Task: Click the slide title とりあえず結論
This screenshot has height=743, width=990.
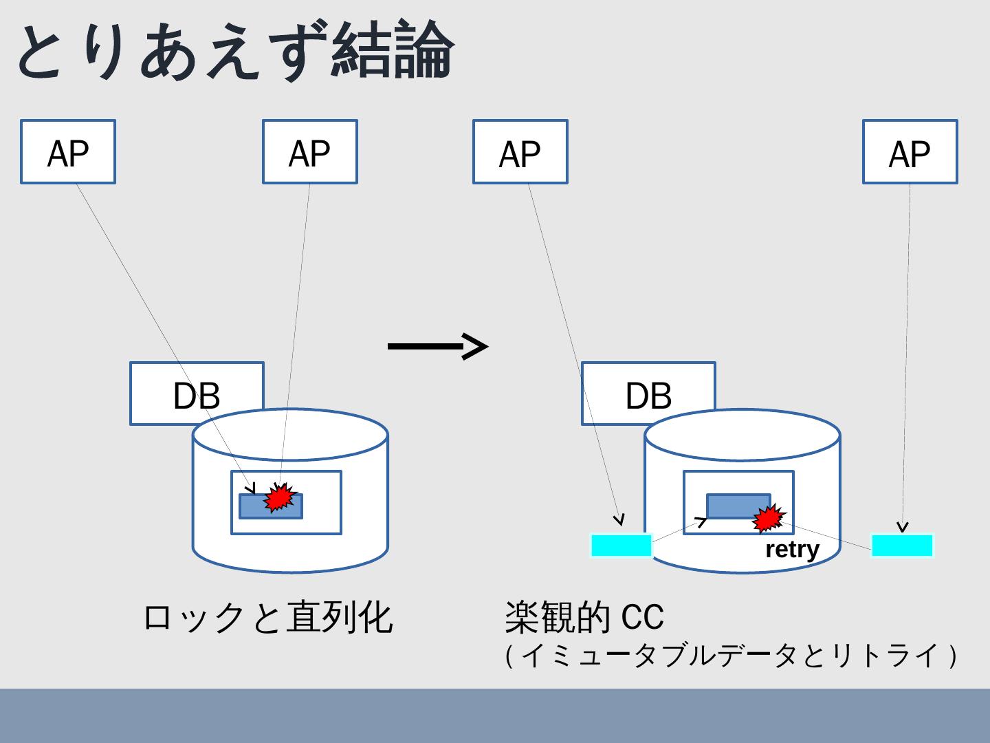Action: (234, 52)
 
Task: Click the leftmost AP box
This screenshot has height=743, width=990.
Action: (68, 152)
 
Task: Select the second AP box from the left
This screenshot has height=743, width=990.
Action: (310, 152)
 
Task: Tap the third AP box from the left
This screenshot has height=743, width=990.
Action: (520, 152)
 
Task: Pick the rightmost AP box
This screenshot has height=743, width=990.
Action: (910, 152)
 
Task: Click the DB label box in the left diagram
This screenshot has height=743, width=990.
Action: (197, 394)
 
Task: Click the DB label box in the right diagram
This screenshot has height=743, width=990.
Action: (648, 394)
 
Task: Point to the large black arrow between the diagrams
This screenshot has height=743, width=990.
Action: (438, 346)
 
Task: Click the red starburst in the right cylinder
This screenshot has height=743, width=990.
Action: (768, 518)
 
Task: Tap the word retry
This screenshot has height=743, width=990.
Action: (792, 550)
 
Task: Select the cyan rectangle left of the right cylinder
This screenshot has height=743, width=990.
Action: (621, 546)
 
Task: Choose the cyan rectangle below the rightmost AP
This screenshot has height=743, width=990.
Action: (903, 546)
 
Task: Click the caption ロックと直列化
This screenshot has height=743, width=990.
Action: (267, 616)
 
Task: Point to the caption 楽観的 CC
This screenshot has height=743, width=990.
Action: (584, 616)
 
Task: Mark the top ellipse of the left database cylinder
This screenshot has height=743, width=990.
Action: (290, 435)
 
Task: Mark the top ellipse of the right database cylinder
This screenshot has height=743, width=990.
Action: (742, 435)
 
